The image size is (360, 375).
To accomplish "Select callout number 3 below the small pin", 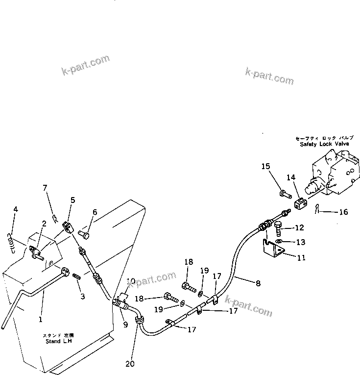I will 83,296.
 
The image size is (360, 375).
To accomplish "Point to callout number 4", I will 15,210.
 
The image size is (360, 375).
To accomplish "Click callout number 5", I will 72,200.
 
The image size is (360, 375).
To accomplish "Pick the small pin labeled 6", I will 87,235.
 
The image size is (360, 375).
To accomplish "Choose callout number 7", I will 45,188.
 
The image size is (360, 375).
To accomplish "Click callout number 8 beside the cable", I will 258,283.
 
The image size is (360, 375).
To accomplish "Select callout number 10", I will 131,281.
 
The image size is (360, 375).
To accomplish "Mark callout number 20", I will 129,364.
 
